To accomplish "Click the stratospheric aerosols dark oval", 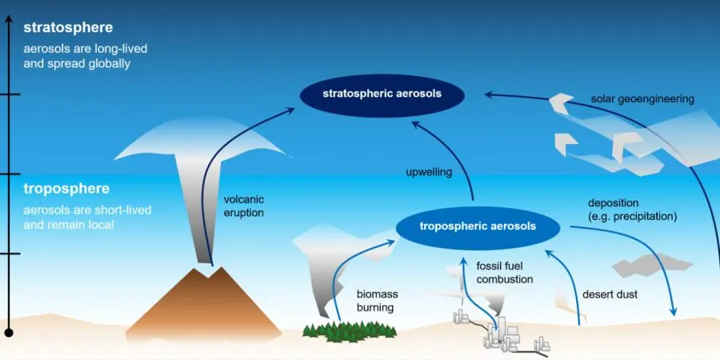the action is click(x=382, y=95).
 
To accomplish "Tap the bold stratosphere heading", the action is click(x=68, y=27).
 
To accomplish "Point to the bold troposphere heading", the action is click(x=66, y=189).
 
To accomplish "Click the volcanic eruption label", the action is click(x=244, y=206).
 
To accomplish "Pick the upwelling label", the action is click(x=429, y=173).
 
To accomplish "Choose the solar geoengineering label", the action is click(x=642, y=99).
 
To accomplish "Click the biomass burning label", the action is click(x=377, y=301).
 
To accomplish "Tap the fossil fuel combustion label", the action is click(x=504, y=273).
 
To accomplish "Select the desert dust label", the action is click(x=610, y=294).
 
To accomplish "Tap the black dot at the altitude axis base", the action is click(x=9, y=333).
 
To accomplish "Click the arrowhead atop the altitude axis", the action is click(x=9, y=19).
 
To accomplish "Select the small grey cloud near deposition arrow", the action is click(x=652, y=265).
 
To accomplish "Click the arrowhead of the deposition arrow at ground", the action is click(x=673, y=312).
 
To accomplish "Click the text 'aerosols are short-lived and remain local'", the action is click(x=87, y=218).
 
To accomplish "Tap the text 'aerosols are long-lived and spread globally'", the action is click(x=86, y=56).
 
